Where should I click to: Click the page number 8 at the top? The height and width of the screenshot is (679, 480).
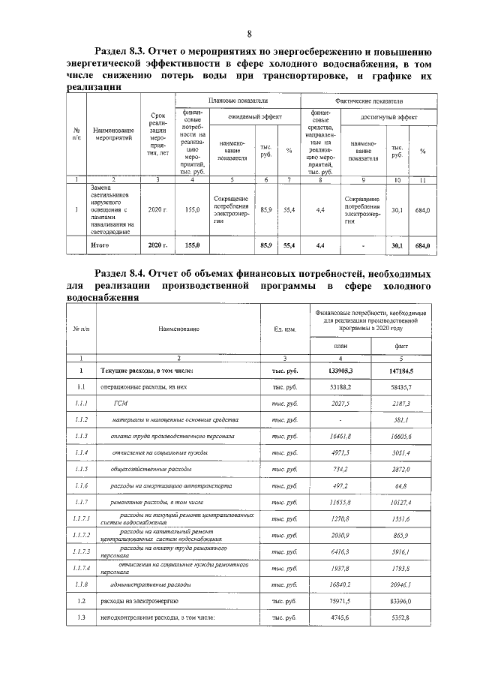pos(248,32)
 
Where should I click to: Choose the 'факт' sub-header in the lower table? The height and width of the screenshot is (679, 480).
pos(411,346)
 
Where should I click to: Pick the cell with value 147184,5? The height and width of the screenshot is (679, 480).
pos(411,371)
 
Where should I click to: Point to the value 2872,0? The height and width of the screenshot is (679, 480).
pos(411,469)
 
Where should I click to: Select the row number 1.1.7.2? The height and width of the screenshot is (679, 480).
pos(79,534)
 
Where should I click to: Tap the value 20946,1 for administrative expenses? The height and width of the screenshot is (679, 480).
pos(411,584)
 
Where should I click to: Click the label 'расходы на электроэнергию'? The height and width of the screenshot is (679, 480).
pos(136,600)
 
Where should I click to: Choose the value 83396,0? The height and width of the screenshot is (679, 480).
pos(411,600)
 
